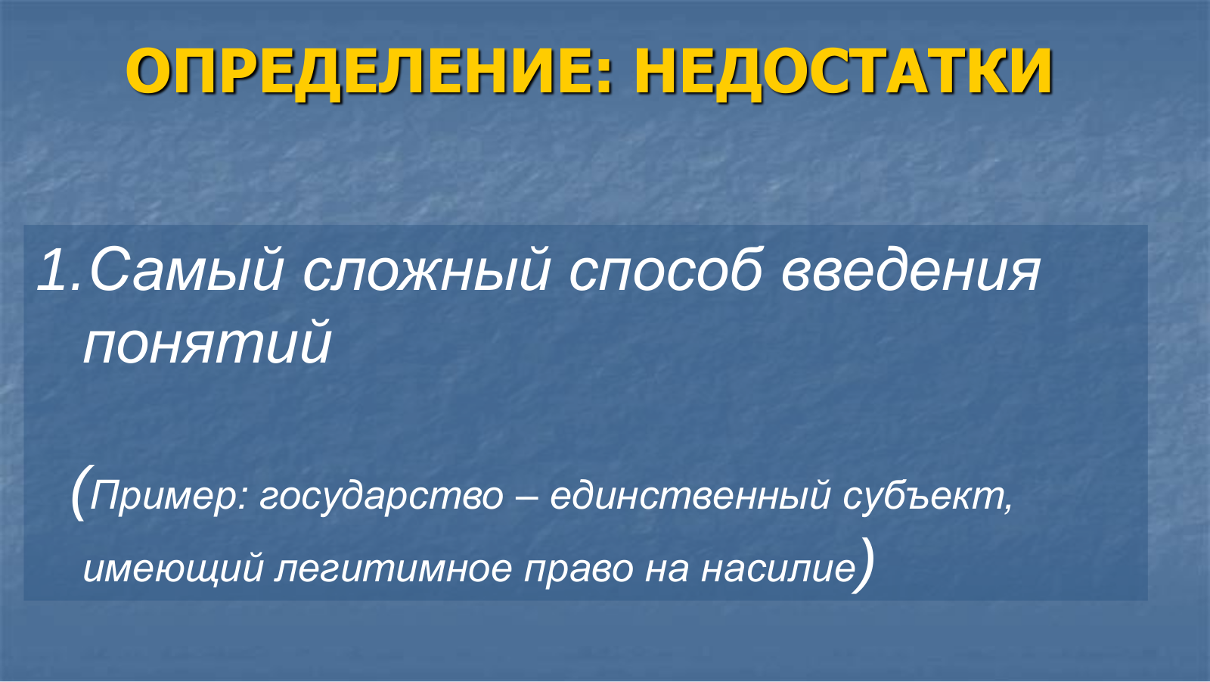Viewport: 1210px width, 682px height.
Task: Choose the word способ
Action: pyautogui.click(x=665, y=270)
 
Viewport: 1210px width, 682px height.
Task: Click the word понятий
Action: pyautogui.click(x=207, y=342)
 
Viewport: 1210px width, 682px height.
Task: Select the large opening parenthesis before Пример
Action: pyautogui.click(x=82, y=491)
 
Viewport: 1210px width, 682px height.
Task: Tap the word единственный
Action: pyautogui.click(x=690, y=495)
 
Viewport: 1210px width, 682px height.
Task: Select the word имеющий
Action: pyautogui.click(x=173, y=568)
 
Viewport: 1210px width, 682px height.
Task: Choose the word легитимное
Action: pyautogui.click(x=392, y=568)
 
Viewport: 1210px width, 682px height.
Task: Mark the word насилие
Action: pyautogui.click(x=778, y=568)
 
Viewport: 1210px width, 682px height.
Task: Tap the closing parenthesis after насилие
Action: pyautogui.click(x=864, y=565)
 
